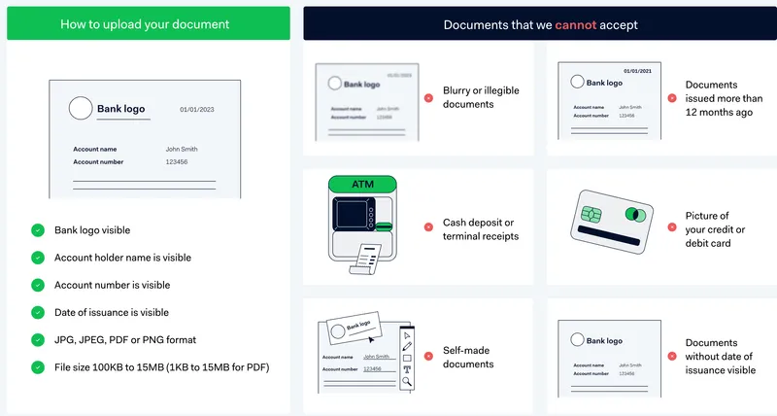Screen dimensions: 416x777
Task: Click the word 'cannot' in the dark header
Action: coord(575,24)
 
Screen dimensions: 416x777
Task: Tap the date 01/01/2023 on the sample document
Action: coord(197,110)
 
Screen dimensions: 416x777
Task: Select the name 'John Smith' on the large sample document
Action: coord(182,149)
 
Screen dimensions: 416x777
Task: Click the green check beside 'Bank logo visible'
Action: coord(37,230)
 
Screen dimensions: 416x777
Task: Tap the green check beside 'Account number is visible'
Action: coord(37,285)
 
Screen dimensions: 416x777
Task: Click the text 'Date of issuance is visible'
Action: coord(111,312)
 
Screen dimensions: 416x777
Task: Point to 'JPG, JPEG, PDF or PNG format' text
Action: coord(124,339)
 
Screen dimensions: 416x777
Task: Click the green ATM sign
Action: coord(362,183)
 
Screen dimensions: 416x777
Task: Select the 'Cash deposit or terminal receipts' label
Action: coord(480,229)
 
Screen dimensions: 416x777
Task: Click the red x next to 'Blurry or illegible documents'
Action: coord(428,97)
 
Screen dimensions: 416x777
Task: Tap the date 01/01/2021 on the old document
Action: coord(637,71)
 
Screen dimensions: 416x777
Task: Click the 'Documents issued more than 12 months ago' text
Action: coord(724,98)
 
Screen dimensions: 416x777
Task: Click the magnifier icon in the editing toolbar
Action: coord(407,382)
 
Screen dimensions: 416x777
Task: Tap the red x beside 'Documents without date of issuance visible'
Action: coord(671,357)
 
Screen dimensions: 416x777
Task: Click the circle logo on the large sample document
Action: coord(81,108)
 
